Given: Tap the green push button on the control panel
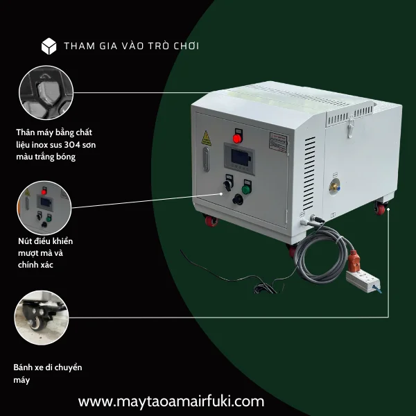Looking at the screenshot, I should [x=245, y=188].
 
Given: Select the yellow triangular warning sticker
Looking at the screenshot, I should [x=206, y=139].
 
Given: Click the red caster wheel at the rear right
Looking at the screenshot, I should [x=381, y=208].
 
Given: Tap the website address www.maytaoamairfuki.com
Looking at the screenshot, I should [x=171, y=401].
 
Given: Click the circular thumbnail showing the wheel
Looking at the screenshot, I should [x=44, y=318].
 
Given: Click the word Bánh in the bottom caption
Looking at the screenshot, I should [x=25, y=367].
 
